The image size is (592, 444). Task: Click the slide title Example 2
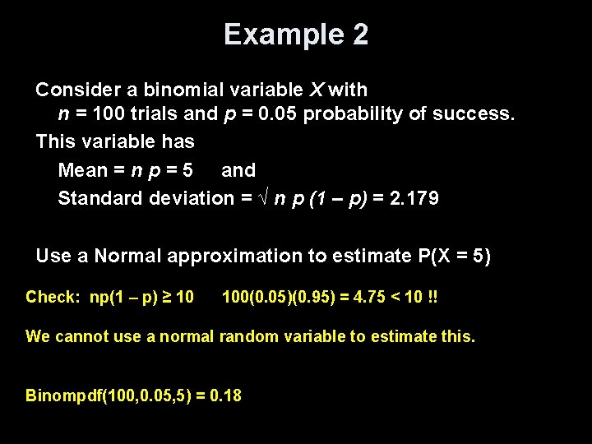click(x=296, y=35)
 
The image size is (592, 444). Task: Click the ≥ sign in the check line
click(x=166, y=297)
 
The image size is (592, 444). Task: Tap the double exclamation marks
click(x=432, y=297)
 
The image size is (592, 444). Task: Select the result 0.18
click(x=226, y=395)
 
